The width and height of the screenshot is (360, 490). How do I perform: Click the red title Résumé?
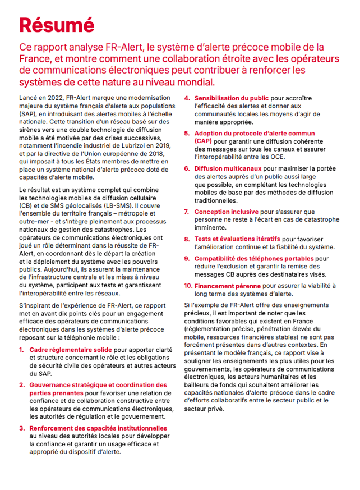tap(56, 25)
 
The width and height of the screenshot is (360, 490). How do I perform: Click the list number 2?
tap(21, 385)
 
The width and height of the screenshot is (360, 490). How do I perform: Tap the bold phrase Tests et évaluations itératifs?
tap(237, 239)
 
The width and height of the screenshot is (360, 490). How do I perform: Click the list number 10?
tap(188, 286)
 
